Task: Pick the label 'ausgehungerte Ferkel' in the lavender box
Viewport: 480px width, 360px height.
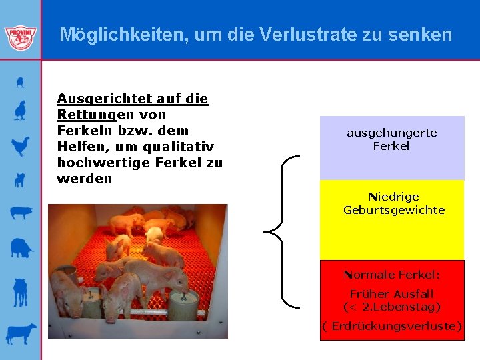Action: pyautogui.click(x=391, y=139)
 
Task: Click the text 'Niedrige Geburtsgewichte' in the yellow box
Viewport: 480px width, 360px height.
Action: pyautogui.click(x=393, y=203)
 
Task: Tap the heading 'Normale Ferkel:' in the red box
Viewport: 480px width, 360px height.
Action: pyautogui.click(x=392, y=275)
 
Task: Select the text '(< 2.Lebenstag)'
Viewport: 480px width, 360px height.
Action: pyautogui.click(x=392, y=307)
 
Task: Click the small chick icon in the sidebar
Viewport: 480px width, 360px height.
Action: pyautogui.click(x=21, y=82)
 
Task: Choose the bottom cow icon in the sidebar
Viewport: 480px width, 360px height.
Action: pyautogui.click(x=21, y=333)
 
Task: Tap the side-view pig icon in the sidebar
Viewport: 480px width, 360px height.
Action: pyautogui.click(x=21, y=213)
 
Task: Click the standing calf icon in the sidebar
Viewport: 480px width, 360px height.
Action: pyautogui.click(x=21, y=291)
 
